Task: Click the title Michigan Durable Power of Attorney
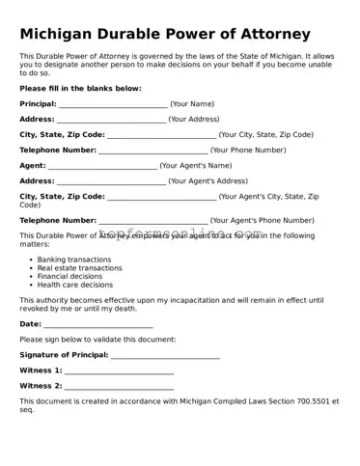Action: point(165,35)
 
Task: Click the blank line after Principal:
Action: point(113,104)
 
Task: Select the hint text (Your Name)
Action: point(192,103)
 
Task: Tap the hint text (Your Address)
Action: point(194,119)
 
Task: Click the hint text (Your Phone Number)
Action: point(248,150)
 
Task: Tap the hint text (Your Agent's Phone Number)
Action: point(262,220)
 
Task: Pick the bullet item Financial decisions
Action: point(69,276)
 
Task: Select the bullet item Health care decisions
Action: point(74,285)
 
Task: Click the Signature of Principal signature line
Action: point(165,356)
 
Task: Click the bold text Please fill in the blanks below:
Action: point(80,88)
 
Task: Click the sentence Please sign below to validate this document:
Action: point(97,340)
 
